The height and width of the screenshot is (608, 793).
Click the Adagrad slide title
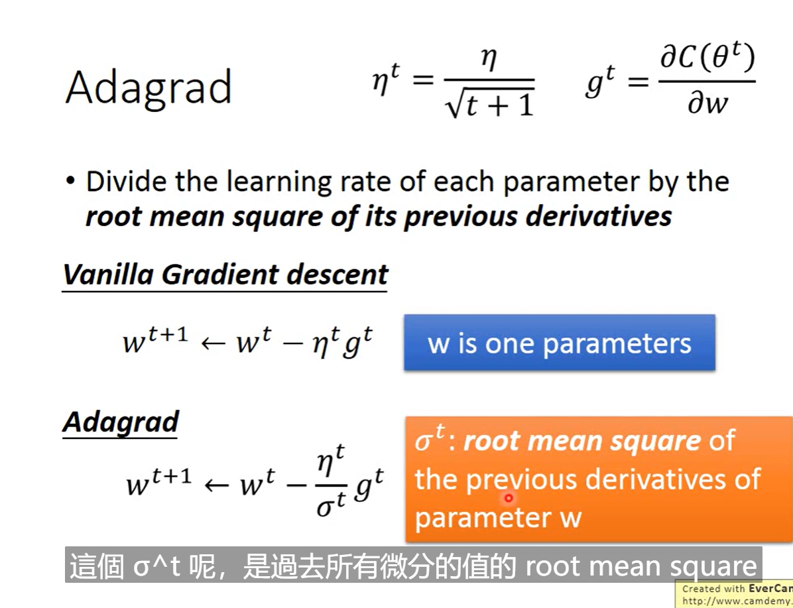click(x=148, y=88)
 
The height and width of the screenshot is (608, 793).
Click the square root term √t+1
click(x=489, y=104)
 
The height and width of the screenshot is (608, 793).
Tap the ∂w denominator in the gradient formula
click(x=707, y=103)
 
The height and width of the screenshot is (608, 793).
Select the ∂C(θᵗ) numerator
click(x=707, y=60)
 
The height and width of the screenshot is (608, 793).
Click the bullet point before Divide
click(x=71, y=181)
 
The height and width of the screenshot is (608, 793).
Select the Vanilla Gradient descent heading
click(x=225, y=274)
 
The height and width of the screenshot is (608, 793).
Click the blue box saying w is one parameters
click(x=560, y=343)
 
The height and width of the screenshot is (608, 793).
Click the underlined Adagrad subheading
click(x=121, y=422)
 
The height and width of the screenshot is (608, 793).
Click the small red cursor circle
click(x=509, y=498)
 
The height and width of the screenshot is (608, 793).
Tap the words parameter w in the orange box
click(x=498, y=517)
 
